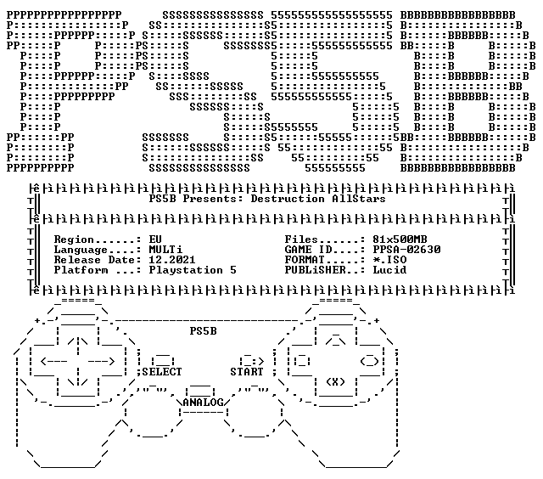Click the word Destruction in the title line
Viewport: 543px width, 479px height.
(288, 199)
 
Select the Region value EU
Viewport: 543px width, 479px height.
(155, 239)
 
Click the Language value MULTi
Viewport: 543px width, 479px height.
(165, 250)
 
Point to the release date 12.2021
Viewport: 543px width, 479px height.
(172, 260)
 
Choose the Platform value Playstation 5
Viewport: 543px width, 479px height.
(193, 270)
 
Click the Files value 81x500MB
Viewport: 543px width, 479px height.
(400, 239)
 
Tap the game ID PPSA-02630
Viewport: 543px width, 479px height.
(406, 250)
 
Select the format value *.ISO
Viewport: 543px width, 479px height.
(389, 260)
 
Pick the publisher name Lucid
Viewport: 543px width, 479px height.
(389, 270)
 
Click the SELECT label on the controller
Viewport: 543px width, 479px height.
(162, 372)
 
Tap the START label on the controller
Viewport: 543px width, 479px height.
(247, 372)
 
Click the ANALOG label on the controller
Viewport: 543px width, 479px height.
(203, 403)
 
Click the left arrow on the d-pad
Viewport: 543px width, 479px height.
(53, 362)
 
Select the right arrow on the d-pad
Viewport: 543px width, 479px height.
(101, 362)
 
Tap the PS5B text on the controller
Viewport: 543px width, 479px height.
(203, 331)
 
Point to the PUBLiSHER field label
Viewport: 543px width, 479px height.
(315, 270)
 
